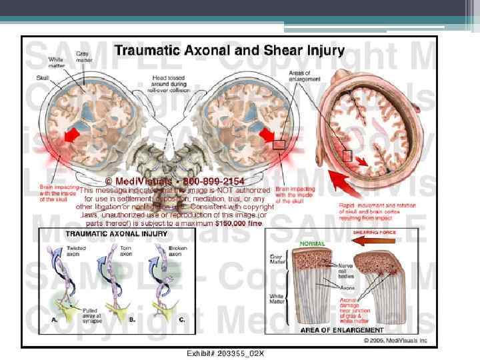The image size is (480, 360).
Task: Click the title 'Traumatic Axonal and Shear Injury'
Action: tap(229, 50)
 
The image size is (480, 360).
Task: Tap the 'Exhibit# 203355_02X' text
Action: tap(219, 353)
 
